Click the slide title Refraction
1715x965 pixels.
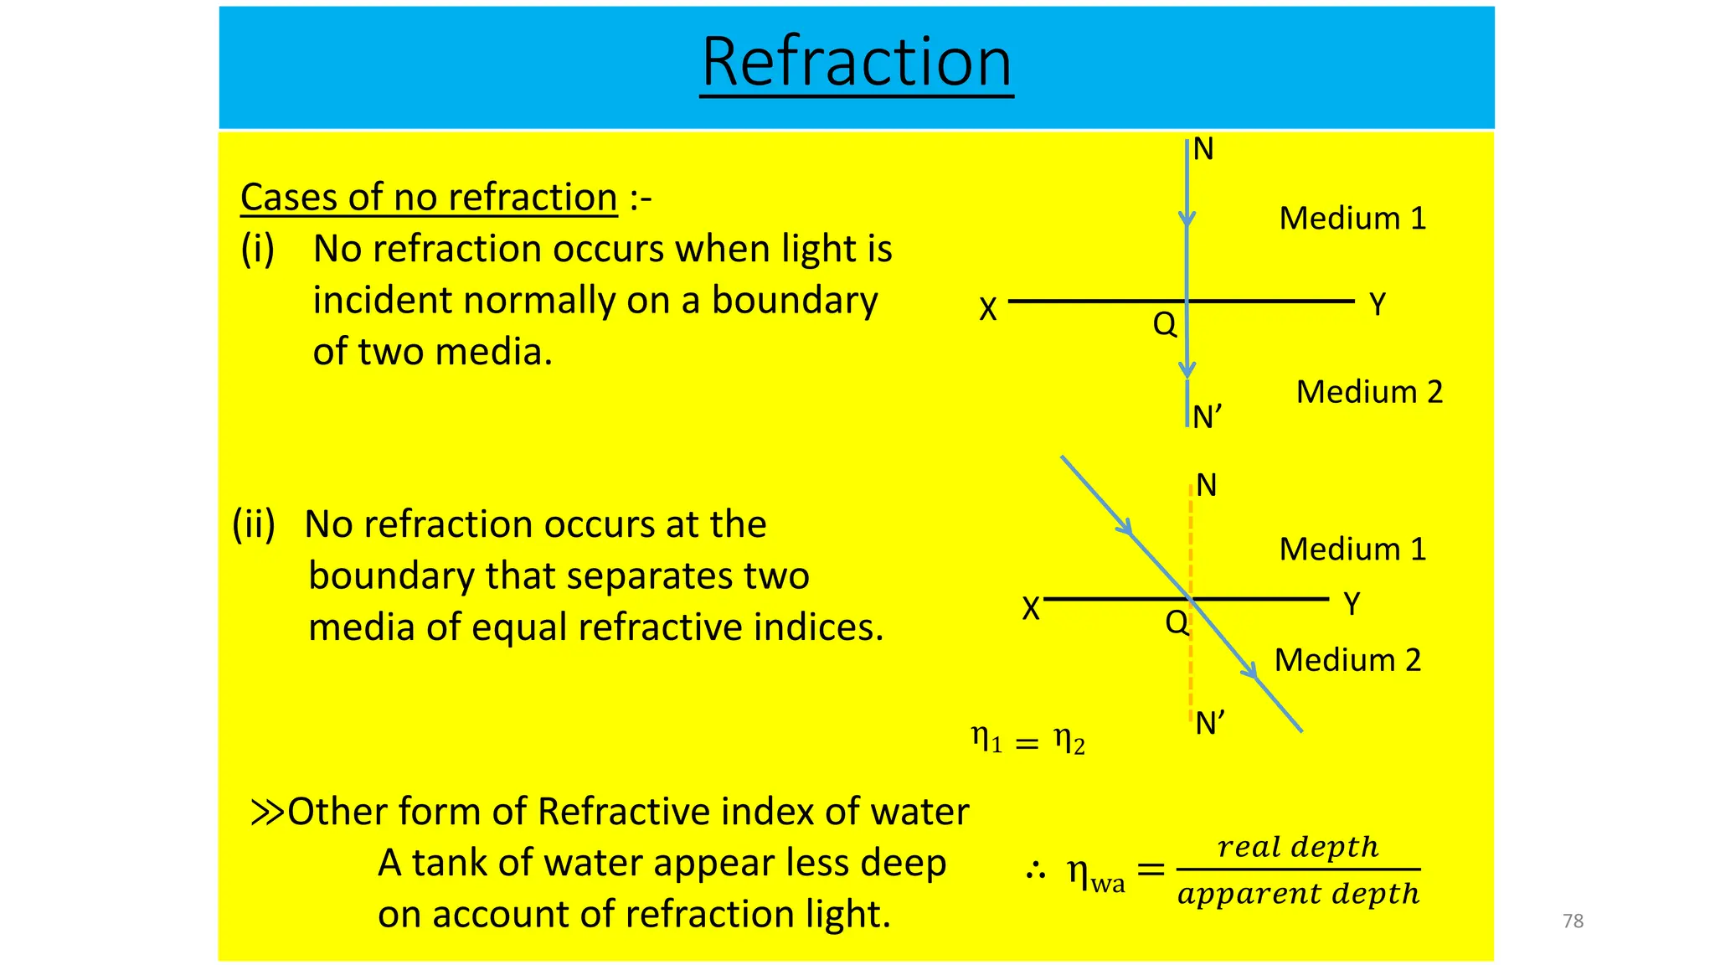(856, 64)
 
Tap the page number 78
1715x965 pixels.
(1573, 921)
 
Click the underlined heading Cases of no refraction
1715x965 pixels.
(429, 199)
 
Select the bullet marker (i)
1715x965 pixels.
(257, 250)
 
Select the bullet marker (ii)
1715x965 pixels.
(254, 524)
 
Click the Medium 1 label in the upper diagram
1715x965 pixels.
(1352, 219)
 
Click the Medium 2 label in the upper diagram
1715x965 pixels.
(1369, 392)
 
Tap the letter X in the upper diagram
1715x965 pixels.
(988, 310)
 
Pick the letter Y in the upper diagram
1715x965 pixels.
(1378, 304)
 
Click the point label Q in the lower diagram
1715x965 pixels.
(1177, 622)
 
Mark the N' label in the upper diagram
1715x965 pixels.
(1207, 416)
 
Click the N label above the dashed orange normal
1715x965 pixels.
(1206, 486)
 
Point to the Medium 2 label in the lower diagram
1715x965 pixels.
(1347, 660)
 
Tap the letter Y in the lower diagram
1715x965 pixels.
(1352, 603)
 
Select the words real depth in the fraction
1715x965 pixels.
(1297, 847)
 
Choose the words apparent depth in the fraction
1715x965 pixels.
(1298, 894)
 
